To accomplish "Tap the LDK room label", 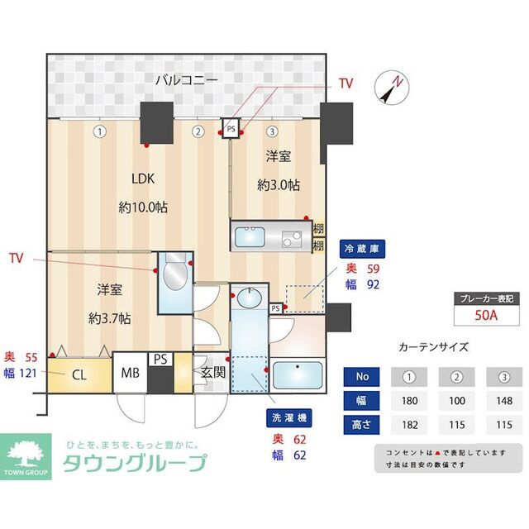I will [143, 178].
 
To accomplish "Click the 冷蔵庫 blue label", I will [363, 248].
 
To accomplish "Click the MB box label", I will [131, 374].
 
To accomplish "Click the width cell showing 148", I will [504, 402].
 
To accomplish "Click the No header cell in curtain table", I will [361, 377].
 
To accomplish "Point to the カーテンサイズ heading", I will [433, 347].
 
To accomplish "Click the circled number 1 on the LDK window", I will [99, 131].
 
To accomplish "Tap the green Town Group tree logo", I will [29, 453].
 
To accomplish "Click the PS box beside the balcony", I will [231, 128].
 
